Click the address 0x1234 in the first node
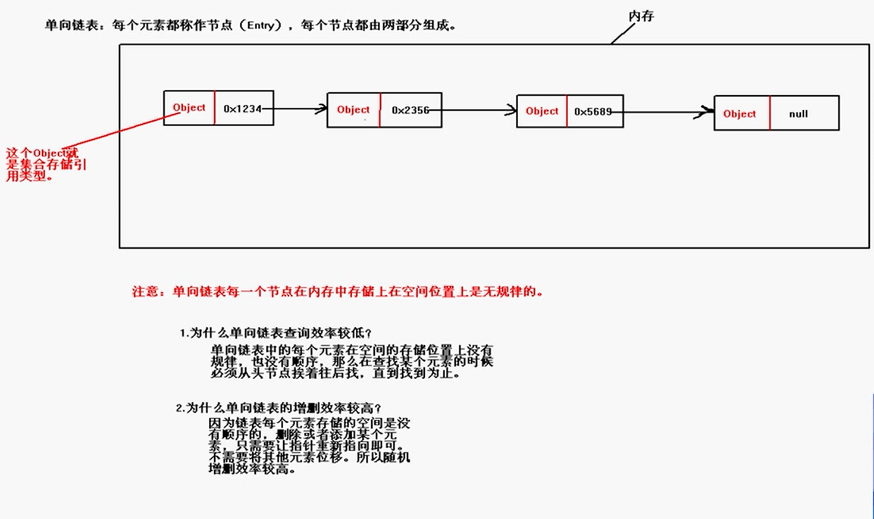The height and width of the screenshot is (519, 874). (x=242, y=109)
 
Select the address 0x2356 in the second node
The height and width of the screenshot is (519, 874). (x=410, y=110)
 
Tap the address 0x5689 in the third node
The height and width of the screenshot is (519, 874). (x=593, y=111)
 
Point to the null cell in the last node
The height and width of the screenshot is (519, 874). (x=798, y=114)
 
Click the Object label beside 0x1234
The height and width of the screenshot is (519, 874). (x=189, y=108)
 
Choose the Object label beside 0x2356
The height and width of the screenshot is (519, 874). (x=353, y=110)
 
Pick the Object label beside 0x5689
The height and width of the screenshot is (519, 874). (x=542, y=111)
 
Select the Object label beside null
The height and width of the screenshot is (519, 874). (x=740, y=114)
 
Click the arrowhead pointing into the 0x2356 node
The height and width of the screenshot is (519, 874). (x=322, y=109)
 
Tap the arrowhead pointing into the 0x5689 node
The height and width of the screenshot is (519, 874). (x=511, y=110)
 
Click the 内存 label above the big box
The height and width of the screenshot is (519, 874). (x=641, y=16)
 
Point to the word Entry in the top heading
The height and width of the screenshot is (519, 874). (x=260, y=26)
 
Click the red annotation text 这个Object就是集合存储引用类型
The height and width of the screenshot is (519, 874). (x=46, y=164)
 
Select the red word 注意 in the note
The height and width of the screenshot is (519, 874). (x=145, y=292)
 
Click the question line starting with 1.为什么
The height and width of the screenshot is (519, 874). (x=276, y=333)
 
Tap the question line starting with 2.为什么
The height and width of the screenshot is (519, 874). (x=278, y=408)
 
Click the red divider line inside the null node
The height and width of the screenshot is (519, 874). (x=770, y=113)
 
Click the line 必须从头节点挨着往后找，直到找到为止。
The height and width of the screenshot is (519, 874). (x=335, y=373)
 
